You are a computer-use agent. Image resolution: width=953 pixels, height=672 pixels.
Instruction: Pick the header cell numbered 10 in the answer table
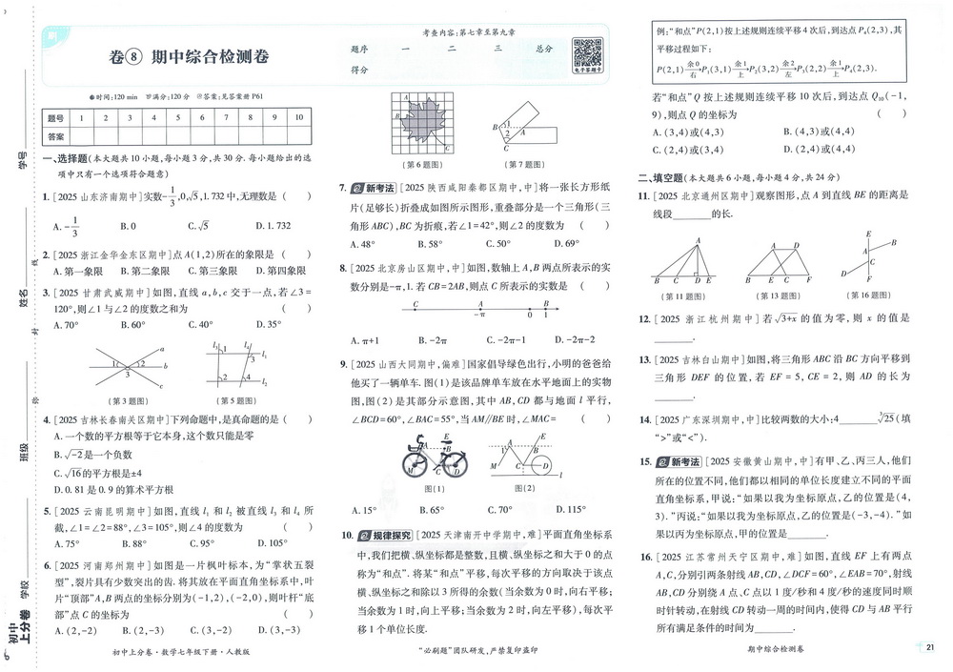pos(298,118)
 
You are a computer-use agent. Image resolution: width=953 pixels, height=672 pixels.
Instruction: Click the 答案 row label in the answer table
pos(55,137)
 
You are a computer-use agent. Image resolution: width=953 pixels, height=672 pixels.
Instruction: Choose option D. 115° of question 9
pos(559,510)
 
